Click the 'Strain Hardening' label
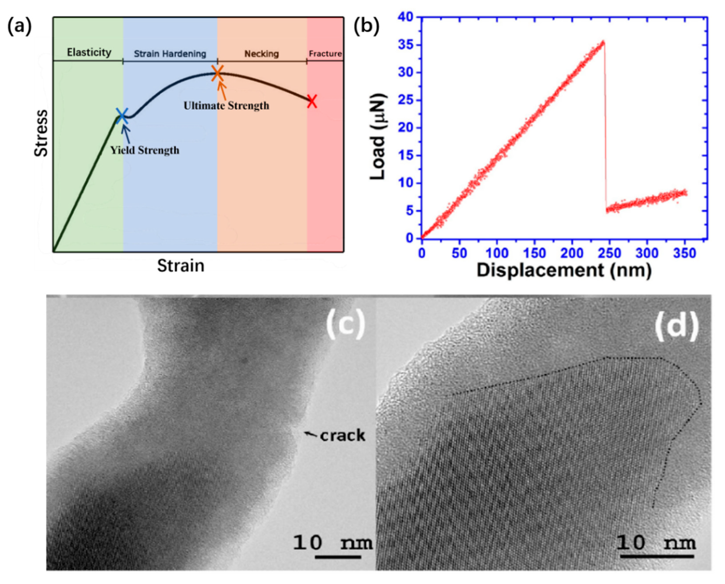[170, 54]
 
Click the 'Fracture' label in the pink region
[325, 54]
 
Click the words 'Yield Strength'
[145, 150]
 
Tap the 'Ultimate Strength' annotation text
[226, 106]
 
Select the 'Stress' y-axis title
[41, 133]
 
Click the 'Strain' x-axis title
[181, 266]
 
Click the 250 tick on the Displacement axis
[610, 253]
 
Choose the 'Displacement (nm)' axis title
[564, 270]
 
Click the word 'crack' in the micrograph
[342, 436]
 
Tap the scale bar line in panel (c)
[338, 557]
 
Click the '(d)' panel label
[676, 327]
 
